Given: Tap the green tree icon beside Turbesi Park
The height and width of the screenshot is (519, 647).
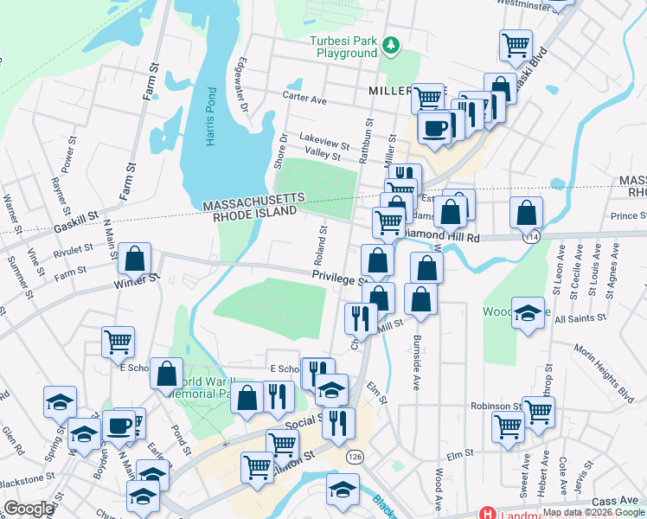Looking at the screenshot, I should click(x=391, y=44).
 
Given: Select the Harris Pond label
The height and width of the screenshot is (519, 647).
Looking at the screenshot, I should click(x=210, y=116).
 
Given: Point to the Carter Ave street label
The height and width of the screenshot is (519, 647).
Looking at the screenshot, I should click(x=308, y=99).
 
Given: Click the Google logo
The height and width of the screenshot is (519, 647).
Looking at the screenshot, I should click(x=29, y=508).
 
